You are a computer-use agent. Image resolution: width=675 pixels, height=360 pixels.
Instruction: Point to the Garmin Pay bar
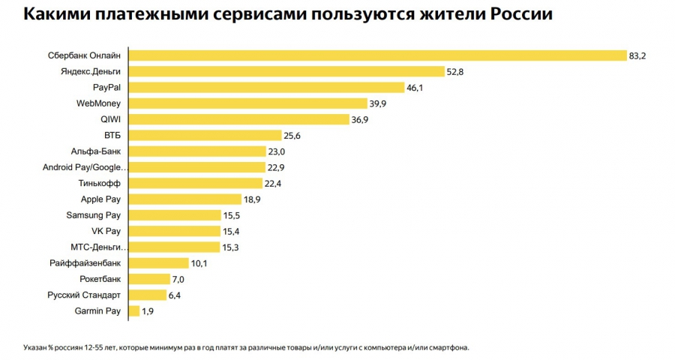(135, 310)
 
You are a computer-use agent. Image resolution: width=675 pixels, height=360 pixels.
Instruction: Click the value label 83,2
(637, 55)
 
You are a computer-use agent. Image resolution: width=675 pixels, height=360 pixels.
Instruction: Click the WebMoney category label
(99, 103)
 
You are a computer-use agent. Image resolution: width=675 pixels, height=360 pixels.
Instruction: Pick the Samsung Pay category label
(94, 215)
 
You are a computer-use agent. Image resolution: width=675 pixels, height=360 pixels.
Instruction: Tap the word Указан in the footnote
(37, 347)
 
